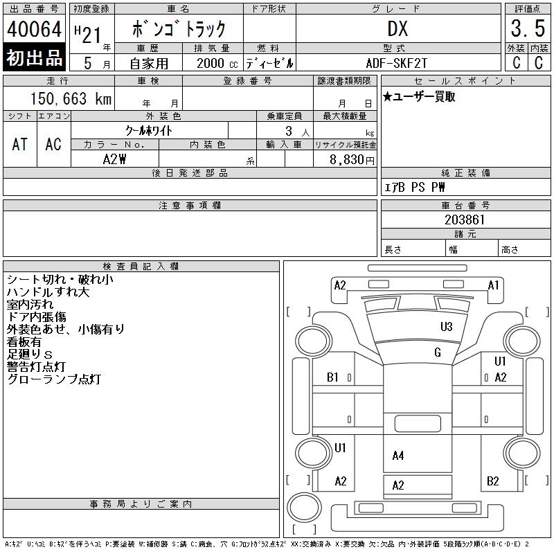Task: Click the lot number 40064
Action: (34, 29)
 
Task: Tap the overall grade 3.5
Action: (528, 28)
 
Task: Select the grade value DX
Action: (397, 28)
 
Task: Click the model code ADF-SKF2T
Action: (396, 63)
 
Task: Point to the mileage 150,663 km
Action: (71, 98)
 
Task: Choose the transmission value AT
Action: (20, 145)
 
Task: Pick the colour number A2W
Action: (114, 159)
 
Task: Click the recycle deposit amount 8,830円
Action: (352, 160)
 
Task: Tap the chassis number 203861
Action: (465, 220)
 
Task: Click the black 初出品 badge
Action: (34, 57)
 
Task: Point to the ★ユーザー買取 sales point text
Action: (419, 97)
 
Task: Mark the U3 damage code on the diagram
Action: (447, 327)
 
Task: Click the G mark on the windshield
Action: (438, 352)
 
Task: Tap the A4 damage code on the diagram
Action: (398, 456)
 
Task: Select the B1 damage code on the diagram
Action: (332, 377)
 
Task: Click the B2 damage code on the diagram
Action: (493, 481)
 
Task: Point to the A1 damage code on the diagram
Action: (493, 285)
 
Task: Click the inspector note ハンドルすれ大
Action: (48, 292)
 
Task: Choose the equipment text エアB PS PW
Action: (414, 187)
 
